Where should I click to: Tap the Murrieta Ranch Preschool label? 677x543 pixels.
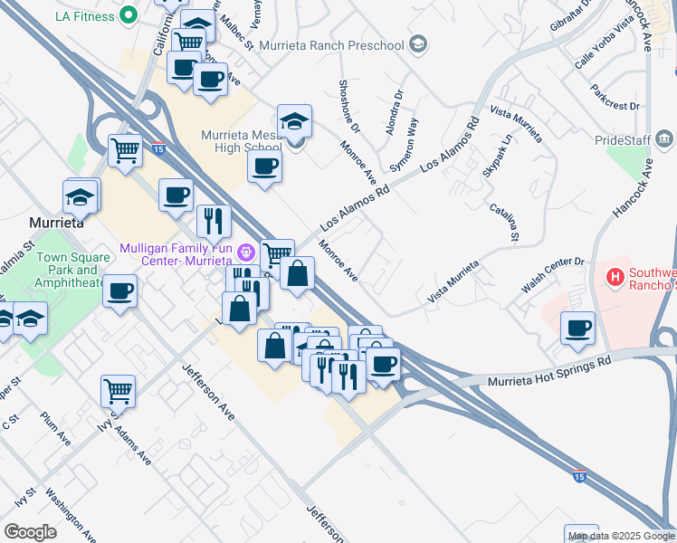tap(332, 43)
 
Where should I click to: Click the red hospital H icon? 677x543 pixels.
tap(615, 275)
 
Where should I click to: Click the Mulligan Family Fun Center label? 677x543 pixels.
tap(177, 255)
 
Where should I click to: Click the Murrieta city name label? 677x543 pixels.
tap(56, 222)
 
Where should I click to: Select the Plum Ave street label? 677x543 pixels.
tap(55, 428)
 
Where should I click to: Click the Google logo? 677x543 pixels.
tap(30, 532)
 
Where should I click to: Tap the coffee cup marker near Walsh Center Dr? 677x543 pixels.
tap(577, 328)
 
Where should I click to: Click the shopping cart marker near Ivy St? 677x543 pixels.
tap(118, 391)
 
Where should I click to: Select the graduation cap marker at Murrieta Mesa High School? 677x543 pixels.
tap(294, 120)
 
